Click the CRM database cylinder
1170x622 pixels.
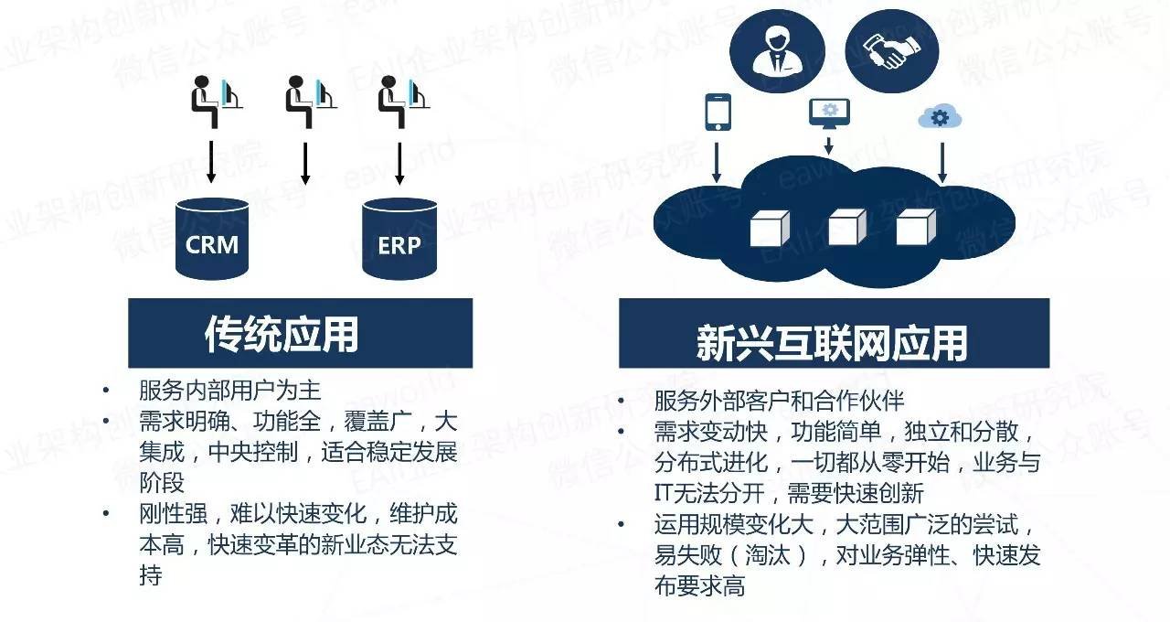[x=211, y=240]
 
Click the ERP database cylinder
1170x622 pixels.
[x=399, y=240]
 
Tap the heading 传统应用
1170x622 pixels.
[x=282, y=335]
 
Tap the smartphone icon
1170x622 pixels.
[x=718, y=112]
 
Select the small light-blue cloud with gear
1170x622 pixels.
[x=940, y=117]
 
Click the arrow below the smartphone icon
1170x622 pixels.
[x=718, y=159]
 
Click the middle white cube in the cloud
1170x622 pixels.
[x=846, y=227]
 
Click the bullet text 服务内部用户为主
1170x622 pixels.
[x=229, y=391]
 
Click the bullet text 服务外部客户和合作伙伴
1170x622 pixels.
[x=779, y=401]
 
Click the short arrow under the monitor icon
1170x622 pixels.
[x=829, y=145]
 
